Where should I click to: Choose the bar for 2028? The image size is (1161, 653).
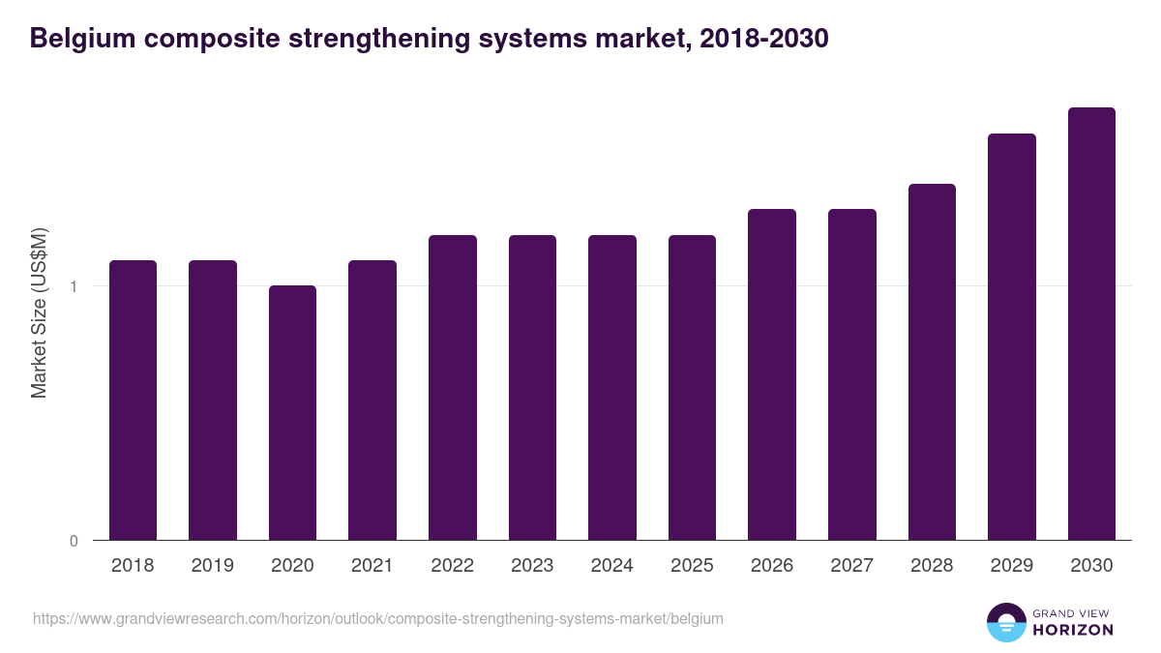pos(932,362)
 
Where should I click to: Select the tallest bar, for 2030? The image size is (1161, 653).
pos(1091,323)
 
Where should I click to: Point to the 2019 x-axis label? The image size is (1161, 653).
pos(212,566)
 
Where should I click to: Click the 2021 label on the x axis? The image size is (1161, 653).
pos(372,566)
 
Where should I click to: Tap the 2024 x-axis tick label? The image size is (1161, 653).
pos(612,566)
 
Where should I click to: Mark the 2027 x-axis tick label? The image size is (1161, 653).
pos(852,566)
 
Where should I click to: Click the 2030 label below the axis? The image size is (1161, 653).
pos(1091,566)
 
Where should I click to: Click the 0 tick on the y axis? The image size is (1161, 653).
pos(74,541)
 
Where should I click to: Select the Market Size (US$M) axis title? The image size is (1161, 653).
pos(39,312)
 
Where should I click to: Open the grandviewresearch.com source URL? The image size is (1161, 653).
pos(377,618)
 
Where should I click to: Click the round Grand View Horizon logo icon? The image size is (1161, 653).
pos(1005,622)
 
